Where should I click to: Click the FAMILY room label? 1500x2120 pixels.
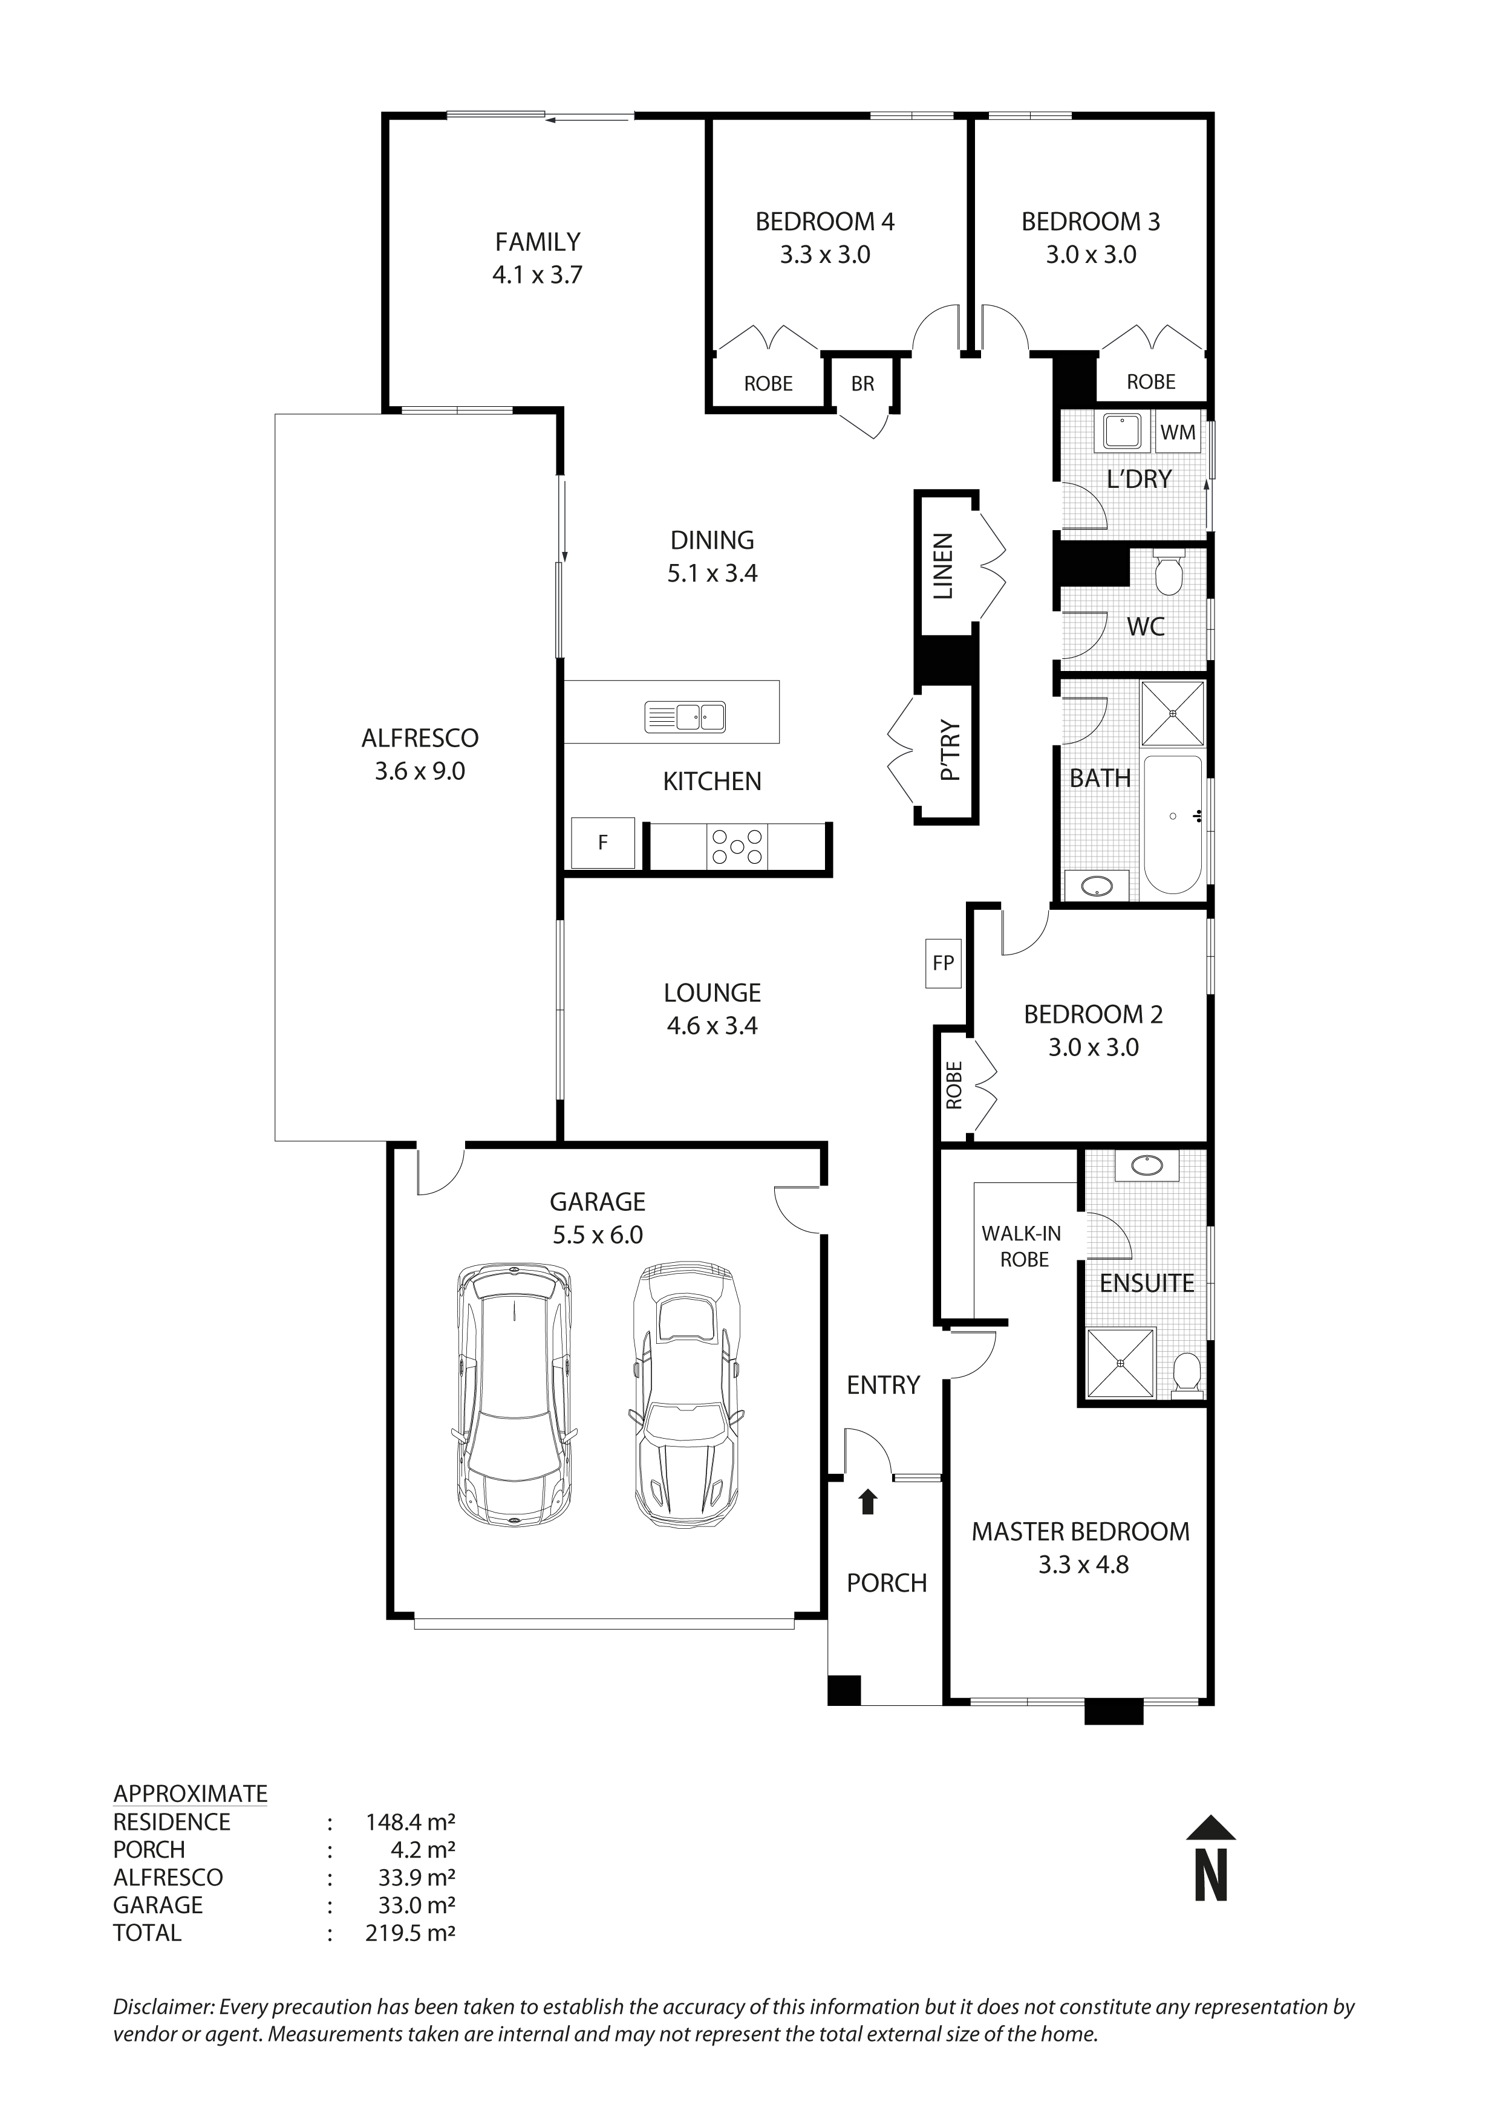538,242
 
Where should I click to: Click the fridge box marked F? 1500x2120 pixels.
603,842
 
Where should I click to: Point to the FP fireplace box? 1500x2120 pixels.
943,963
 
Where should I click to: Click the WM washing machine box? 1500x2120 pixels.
1178,432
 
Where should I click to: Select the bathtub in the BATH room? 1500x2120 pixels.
1173,825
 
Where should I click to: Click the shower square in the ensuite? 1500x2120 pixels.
1120,1363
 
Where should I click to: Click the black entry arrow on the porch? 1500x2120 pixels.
866,1502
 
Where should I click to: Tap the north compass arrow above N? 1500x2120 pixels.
1211,1828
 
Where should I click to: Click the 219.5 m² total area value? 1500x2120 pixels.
410,1933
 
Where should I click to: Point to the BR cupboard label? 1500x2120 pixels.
862,383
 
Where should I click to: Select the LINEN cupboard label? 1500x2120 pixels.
943,566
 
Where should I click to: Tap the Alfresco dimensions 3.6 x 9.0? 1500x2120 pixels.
420,771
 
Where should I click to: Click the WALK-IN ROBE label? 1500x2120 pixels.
1022,1246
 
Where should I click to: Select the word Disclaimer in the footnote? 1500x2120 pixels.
163,2006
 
